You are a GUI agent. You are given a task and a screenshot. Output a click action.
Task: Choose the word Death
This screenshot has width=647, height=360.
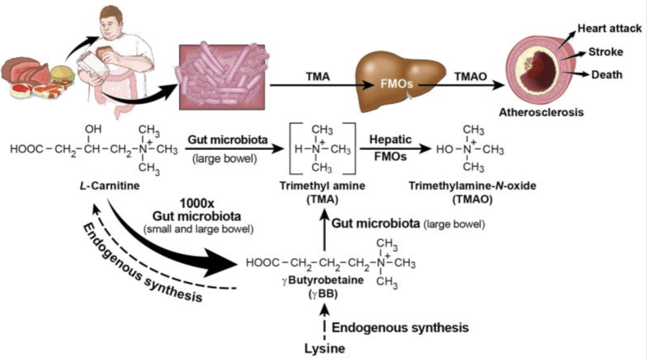tap(606, 75)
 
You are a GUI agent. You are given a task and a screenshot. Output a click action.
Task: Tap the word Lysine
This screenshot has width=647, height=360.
tap(324, 348)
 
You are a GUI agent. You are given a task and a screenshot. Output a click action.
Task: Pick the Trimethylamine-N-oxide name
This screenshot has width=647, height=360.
tap(472, 186)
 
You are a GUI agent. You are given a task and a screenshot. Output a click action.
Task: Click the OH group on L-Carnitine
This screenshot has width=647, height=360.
tap(93, 129)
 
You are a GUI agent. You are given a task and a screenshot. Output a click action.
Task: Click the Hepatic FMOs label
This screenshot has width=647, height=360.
tap(392, 147)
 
